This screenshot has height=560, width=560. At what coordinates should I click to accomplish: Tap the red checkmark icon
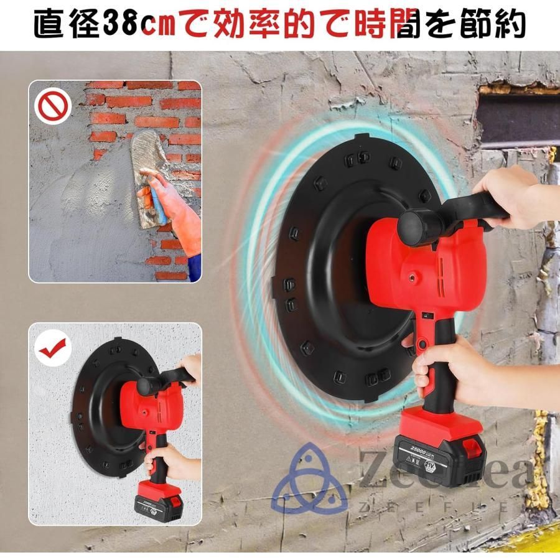pos(51,349)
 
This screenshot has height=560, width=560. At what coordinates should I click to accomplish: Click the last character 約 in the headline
pos(510,26)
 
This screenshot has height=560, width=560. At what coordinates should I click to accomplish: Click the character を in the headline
pos(431,26)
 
